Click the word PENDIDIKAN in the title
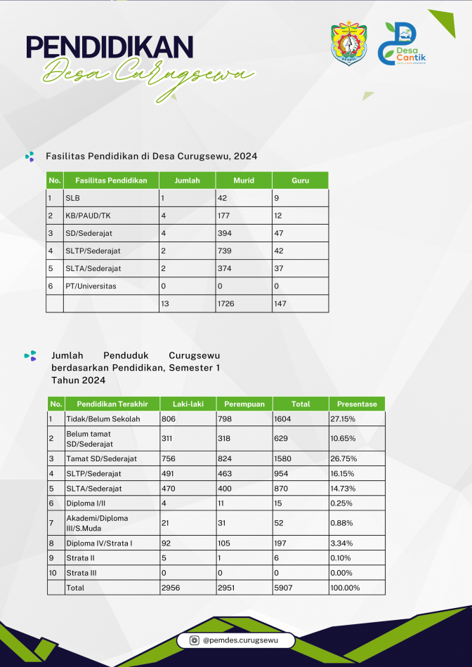click(110, 47)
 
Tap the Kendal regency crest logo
click(349, 43)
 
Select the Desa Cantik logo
click(402, 44)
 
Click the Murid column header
click(244, 180)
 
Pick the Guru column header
click(301, 180)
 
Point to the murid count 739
click(224, 251)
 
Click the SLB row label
click(73, 198)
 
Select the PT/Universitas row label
click(91, 286)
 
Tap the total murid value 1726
click(226, 304)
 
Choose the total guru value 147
click(280, 304)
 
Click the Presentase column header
click(357, 404)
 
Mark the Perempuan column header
click(244, 404)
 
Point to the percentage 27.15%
click(343, 419)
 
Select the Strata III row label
click(81, 573)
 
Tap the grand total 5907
click(283, 588)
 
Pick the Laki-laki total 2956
click(171, 588)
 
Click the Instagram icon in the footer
click(195, 640)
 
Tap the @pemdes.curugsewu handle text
click(240, 640)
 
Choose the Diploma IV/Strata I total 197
click(280, 543)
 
